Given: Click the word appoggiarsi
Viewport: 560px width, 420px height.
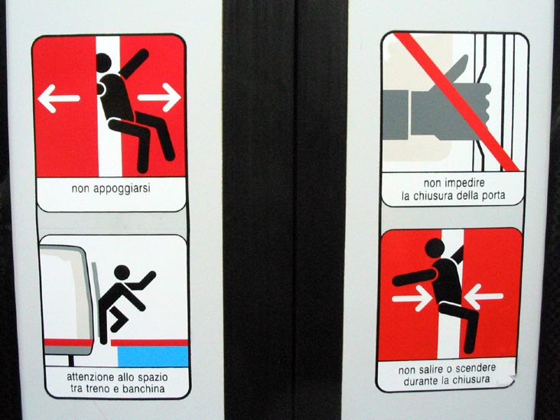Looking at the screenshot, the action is (122, 188).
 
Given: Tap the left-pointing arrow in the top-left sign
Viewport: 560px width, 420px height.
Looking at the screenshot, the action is (58, 99).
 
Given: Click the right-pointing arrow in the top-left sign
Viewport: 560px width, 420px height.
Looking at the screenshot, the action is (159, 97).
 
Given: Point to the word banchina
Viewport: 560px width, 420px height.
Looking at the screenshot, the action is (143, 389).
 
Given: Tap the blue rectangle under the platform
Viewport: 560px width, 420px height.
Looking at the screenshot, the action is (152, 356).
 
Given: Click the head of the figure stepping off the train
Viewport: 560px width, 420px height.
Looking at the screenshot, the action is (122, 272).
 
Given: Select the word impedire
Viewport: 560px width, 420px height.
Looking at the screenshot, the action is (464, 184).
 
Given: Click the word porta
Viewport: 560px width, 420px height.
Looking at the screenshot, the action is (493, 196).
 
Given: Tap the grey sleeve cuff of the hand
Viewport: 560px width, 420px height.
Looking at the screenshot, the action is (396, 115).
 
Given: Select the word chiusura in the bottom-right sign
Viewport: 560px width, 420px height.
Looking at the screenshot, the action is (468, 380).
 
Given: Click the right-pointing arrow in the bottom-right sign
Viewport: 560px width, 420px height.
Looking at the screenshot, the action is (412, 298).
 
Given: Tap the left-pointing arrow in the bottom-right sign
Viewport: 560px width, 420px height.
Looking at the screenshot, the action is (483, 296).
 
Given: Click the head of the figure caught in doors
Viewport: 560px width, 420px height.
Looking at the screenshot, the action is (435, 248).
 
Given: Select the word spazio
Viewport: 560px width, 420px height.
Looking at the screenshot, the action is (154, 377).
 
